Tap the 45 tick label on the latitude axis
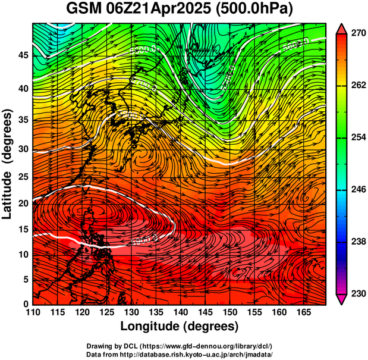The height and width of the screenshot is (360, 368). pyautogui.click(x=21, y=56)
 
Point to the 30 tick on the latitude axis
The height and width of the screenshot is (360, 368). pyautogui.click(x=21, y=149)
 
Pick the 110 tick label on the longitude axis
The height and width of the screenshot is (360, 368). pyautogui.click(x=33, y=312)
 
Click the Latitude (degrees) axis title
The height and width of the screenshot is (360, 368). pyautogui.click(x=8, y=164)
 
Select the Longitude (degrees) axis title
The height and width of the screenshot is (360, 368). pyautogui.click(x=180, y=326)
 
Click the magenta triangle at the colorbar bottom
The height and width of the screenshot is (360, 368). pyautogui.click(x=342, y=299)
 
